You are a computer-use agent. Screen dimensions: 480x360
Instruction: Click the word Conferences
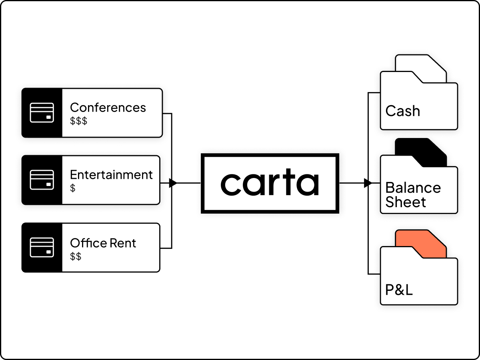pyautogui.click(x=108, y=107)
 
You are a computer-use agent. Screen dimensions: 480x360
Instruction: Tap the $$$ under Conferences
pyautogui.click(x=78, y=121)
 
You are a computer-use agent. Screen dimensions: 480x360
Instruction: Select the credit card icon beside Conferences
pyautogui.click(x=42, y=112)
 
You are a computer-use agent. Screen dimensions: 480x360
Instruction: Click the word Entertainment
pyautogui.click(x=111, y=175)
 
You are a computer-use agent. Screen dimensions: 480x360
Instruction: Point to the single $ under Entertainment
pyautogui.click(x=73, y=188)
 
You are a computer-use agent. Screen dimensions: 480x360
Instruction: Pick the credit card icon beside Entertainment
pyautogui.click(x=42, y=180)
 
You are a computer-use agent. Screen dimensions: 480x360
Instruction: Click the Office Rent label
pyautogui.click(x=103, y=243)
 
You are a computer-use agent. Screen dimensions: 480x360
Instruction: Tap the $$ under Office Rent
pyautogui.click(x=76, y=256)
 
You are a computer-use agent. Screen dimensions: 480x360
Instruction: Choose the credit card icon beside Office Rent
pyautogui.click(x=42, y=248)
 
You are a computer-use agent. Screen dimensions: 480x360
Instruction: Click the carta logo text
pyautogui.click(x=270, y=182)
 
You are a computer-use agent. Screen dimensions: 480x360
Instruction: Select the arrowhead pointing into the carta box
pyautogui.click(x=173, y=183)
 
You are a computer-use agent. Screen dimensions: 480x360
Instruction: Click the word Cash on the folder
pyautogui.click(x=402, y=111)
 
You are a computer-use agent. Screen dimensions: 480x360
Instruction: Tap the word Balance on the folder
pyautogui.click(x=413, y=188)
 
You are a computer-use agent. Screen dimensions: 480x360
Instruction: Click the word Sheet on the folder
pyautogui.click(x=406, y=202)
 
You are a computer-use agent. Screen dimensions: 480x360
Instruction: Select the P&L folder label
pyautogui.click(x=399, y=290)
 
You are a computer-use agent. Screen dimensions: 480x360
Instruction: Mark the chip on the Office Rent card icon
pyautogui.click(x=48, y=252)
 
